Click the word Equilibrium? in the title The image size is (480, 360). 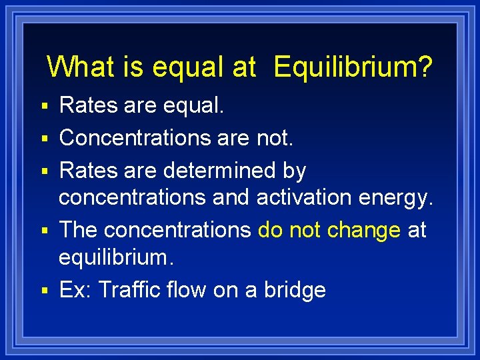pos(353,67)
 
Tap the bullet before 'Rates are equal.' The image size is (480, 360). pos(44,106)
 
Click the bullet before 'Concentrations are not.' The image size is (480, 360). pos(44,139)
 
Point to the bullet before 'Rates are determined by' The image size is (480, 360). pos(44,171)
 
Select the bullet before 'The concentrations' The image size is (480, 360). pos(44,231)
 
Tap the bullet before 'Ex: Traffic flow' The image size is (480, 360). pos(44,291)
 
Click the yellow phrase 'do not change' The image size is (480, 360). pos(329,230)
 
